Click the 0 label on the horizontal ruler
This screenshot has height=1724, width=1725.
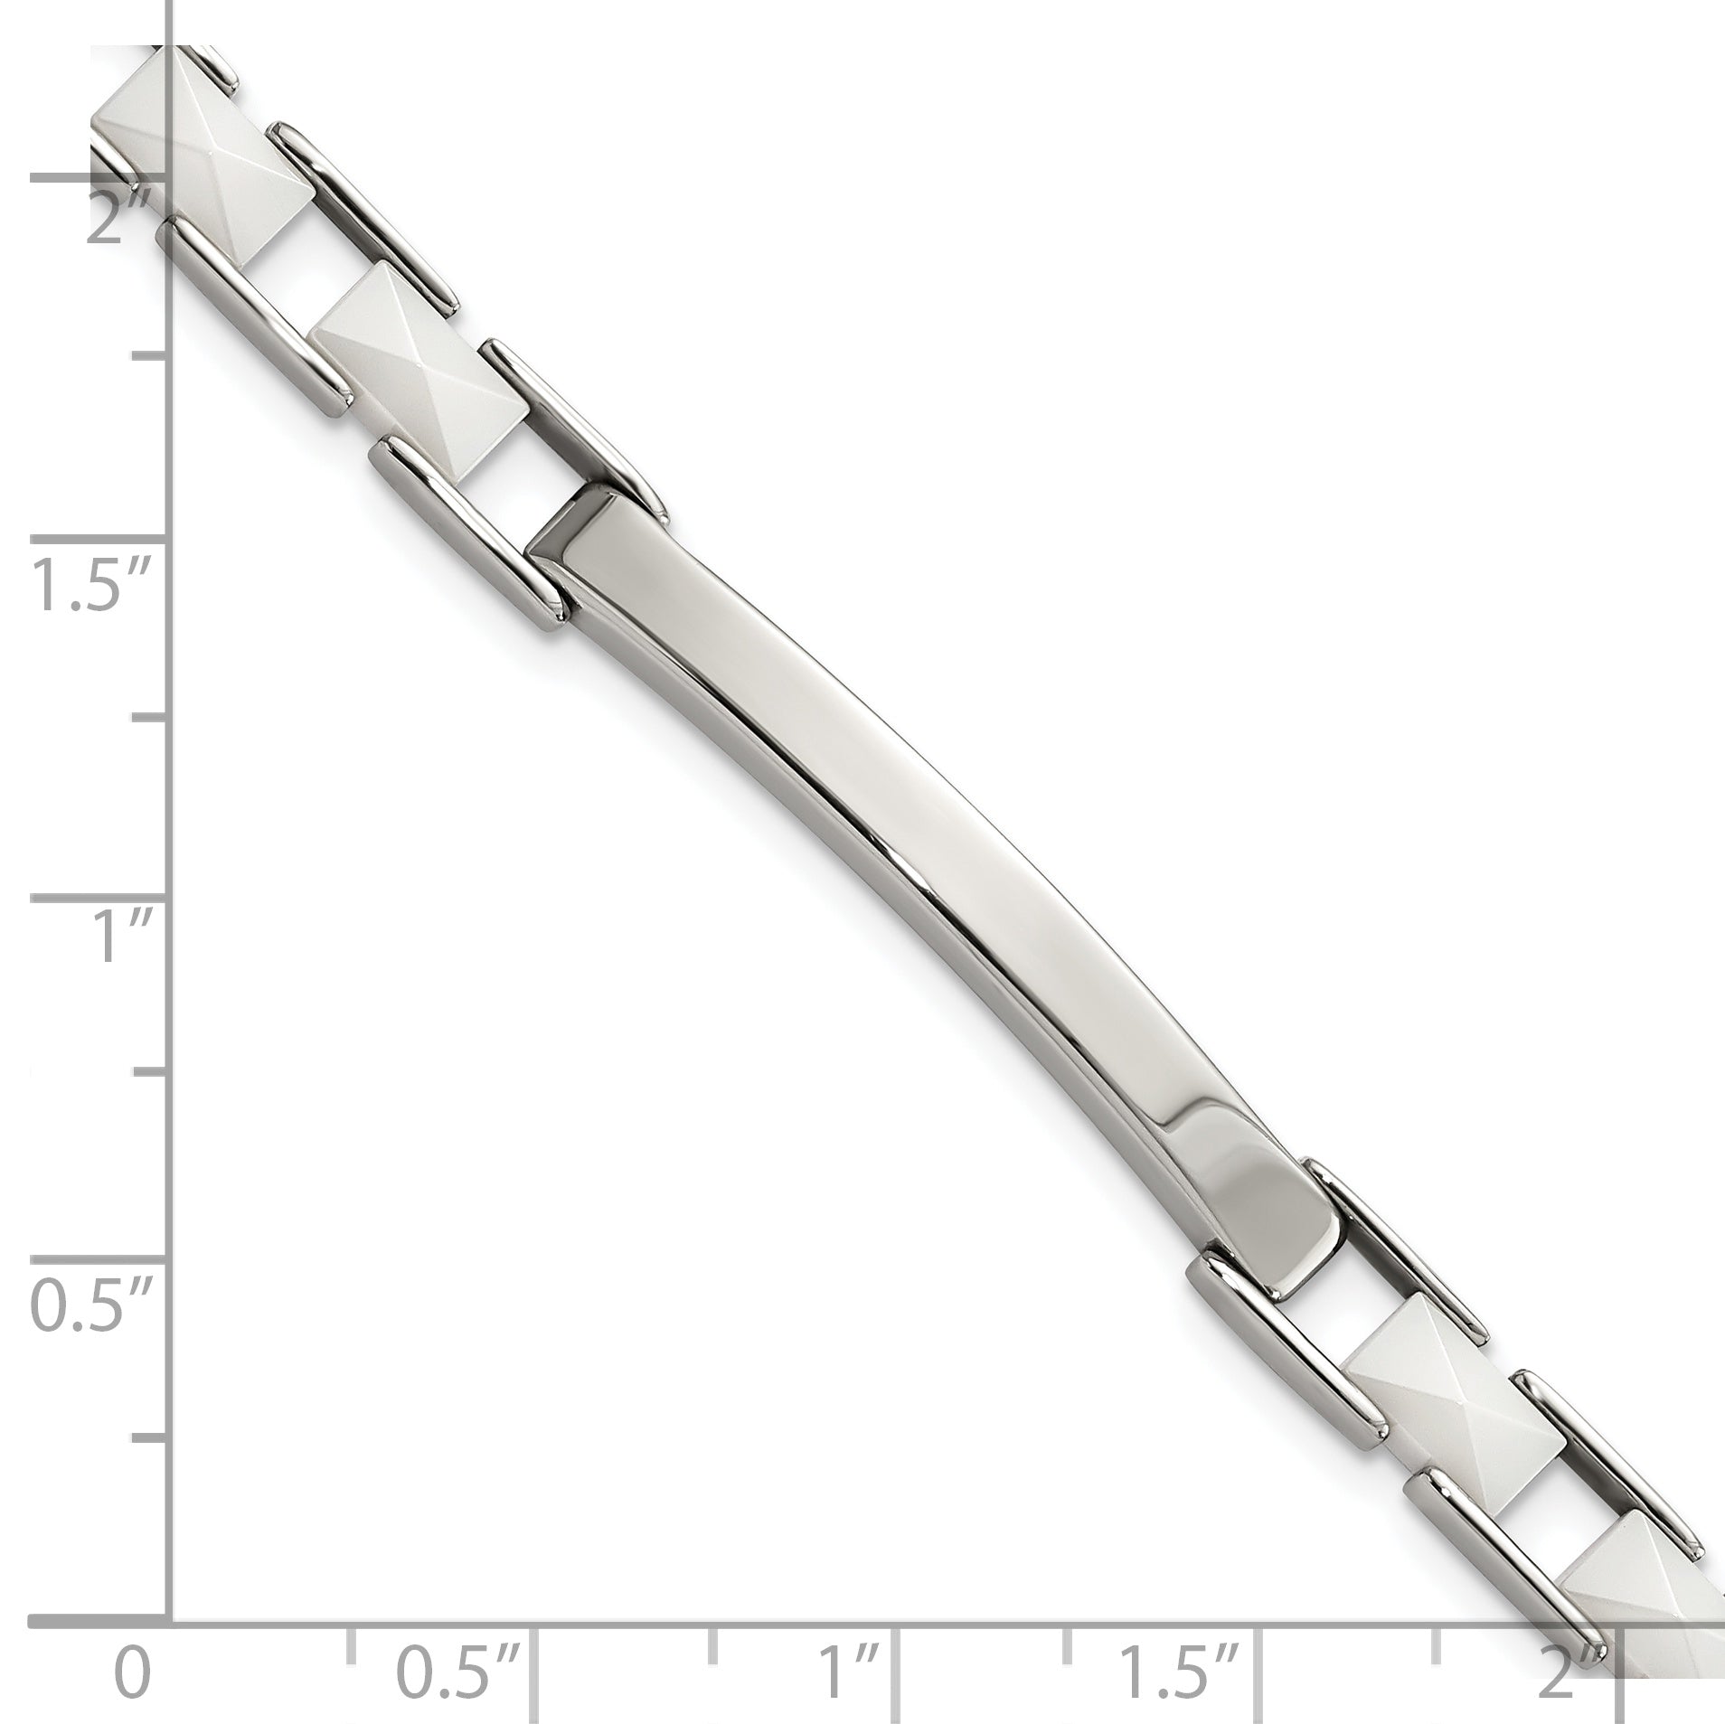tap(133, 1647)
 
